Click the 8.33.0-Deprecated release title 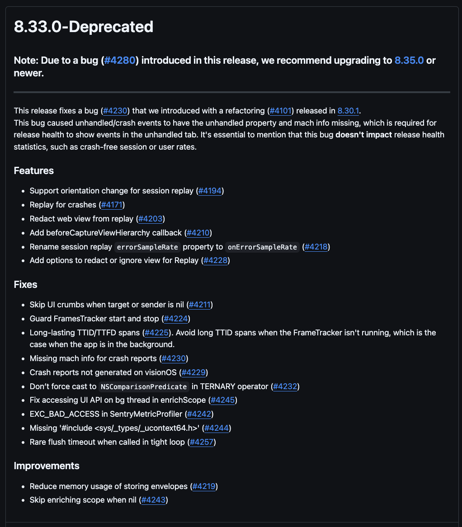pos(84,27)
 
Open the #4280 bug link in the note pos(120,61)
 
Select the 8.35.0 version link pos(409,61)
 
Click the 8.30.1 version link pos(348,111)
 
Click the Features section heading pos(34,170)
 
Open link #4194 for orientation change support pos(210,191)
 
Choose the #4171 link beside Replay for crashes pos(112,205)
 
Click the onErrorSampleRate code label pos(262,247)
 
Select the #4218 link pos(316,247)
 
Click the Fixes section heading pos(26,284)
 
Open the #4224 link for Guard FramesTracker pos(175,319)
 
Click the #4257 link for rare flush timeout pos(201,442)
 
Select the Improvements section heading pos(47,466)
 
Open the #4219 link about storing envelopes pos(204,486)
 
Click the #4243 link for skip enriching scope pos(153,500)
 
